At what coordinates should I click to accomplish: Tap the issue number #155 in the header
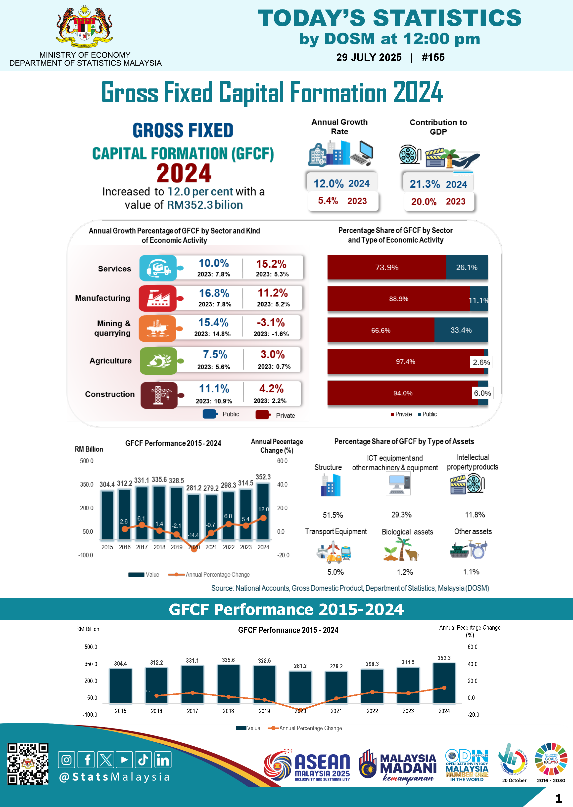pos(433,57)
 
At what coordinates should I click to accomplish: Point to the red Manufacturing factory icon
pos(158,298)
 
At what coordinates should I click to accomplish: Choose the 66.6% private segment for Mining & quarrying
pos(381,330)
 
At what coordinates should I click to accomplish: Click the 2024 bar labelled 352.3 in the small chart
pos(263,511)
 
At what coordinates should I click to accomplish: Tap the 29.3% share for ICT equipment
pos(401,515)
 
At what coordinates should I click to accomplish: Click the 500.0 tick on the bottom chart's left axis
pos(91,647)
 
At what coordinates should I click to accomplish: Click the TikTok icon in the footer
pos(143,760)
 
